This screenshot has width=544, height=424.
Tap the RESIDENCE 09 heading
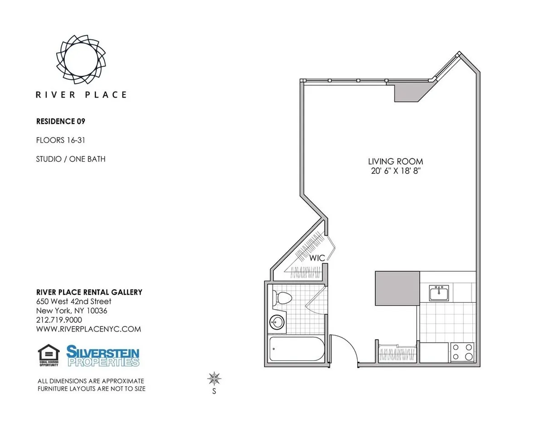pyautogui.click(x=61, y=121)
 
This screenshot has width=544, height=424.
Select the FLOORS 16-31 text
pyautogui.click(x=60, y=140)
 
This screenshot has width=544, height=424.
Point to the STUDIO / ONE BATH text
pyautogui.click(x=71, y=159)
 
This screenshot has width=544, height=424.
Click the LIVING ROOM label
pyautogui.click(x=395, y=162)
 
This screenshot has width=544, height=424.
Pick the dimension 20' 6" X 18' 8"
pyautogui.click(x=395, y=171)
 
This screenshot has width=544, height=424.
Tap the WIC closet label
pyautogui.click(x=317, y=258)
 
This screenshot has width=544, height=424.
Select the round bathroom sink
pyautogui.click(x=277, y=323)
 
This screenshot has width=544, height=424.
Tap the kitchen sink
pyautogui.click(x=439, y=293)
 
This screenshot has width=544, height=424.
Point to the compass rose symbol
pyautogui.click(x=214, y=378)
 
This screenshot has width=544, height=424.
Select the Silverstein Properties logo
pyautogui.click(x=103, y=355)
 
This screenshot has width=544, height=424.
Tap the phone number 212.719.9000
pyautogui.click(x=59, y=320)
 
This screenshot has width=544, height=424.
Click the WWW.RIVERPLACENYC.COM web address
pyautogui.click(x=88, y=329)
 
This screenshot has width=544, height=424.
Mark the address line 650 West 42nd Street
pyautogui.click(x=73, y=301)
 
